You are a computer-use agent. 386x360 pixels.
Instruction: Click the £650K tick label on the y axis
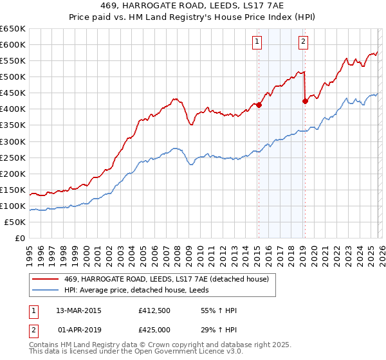(13, 29)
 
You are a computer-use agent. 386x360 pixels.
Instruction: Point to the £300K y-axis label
(13, 141)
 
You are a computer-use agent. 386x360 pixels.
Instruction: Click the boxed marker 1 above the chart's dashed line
(257, 42)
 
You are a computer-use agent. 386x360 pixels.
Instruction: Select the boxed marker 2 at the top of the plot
(303, 42)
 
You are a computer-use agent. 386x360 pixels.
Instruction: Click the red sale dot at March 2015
(259, 105)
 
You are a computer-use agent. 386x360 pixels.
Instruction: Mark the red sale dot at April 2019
(305, 101)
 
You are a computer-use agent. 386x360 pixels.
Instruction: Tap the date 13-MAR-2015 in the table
(78, 310)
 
